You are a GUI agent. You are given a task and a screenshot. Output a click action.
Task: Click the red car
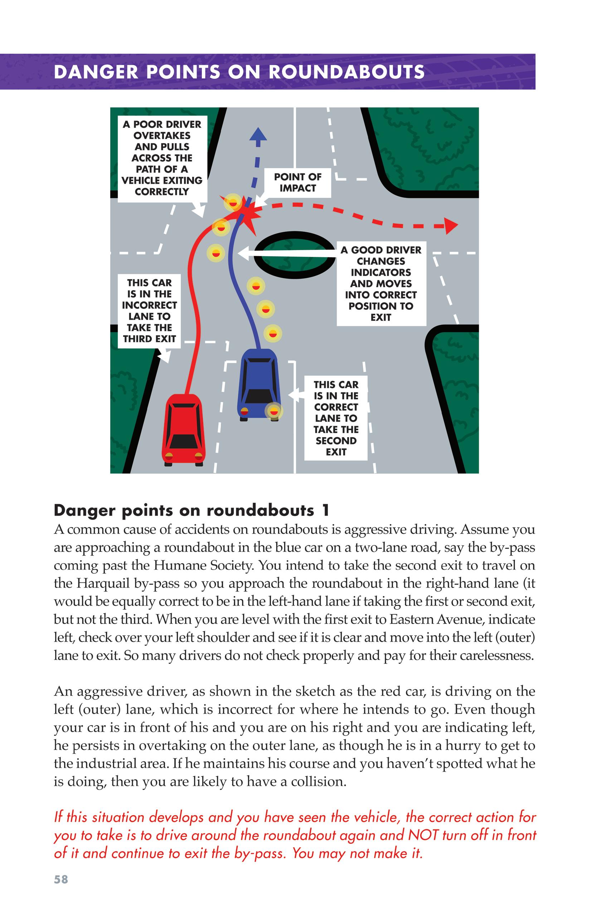pyautogui.click(x=184, y=430)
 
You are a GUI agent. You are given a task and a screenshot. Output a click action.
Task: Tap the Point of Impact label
pyautogui.click(x=298, y=182)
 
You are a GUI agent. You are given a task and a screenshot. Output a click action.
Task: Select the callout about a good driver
pyautogui.click(x=381, y=283)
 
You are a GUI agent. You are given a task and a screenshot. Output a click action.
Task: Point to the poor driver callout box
pyautogui.click(x=162, y=158)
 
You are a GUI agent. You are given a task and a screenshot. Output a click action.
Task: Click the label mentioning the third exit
pyautogui.click(x=149, y=311)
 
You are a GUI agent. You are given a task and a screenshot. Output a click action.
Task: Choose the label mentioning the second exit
pyautogui.click(x=336, y=418)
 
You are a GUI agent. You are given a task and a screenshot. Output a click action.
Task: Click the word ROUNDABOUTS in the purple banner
pyautogui.click(x=346, y=72)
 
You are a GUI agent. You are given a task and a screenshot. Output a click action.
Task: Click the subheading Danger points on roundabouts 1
pyautogui.click(x=191, y=510)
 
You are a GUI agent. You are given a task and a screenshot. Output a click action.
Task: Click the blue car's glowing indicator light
pyautogui.click(x=274, y=411)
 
